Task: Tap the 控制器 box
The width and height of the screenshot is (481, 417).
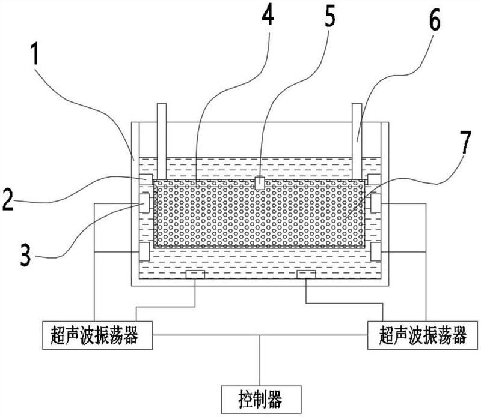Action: [x=260, y=396]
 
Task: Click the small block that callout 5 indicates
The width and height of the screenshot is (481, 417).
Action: [x=260, y=182]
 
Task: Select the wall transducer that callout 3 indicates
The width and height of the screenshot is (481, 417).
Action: [x=145, y=203]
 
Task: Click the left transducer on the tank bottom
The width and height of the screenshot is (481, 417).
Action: [x=195, y=274]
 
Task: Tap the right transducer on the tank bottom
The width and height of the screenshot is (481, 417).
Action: [x=307, y=274]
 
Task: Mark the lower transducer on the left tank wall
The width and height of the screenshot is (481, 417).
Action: [x=145, y=251]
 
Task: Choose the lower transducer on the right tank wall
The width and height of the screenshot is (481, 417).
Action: [x=376, y=251]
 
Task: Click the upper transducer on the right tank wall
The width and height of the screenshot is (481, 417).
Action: [x=376, y=203]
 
